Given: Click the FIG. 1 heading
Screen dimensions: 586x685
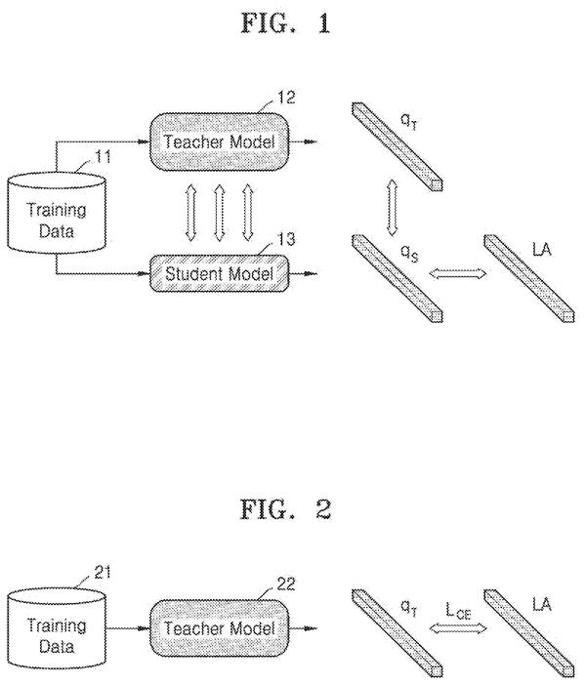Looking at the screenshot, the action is [285, 23].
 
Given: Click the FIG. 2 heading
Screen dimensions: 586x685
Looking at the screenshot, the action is [285, 509].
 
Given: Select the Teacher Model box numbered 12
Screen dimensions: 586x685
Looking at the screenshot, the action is [220, 141].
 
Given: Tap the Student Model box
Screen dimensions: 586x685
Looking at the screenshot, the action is [220, 273].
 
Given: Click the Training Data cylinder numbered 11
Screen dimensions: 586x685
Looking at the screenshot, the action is [57, 213].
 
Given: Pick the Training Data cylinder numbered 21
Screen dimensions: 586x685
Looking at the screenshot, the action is [57, 629].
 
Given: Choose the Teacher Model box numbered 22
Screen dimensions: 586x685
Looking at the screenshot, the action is [220, 628].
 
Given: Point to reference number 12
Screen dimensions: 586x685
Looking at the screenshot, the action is [286, 98].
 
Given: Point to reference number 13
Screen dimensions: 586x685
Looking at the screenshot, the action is [286, 239].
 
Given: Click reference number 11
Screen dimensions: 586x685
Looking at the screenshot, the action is [103, 157].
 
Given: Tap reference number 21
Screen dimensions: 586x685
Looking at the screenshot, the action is [103, 573].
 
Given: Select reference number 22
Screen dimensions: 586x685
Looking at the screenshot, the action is [286, 584].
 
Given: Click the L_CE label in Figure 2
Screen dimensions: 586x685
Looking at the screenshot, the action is [458, 611].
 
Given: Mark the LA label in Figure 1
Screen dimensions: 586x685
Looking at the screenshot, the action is [542, 250].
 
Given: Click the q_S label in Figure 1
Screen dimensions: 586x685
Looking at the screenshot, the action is [410, 254].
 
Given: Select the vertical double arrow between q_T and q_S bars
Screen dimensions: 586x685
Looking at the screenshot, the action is [392, 209].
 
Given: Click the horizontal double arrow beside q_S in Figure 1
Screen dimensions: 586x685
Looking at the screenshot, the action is [458, 274].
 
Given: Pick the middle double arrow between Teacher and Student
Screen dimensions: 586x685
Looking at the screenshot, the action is [220, 213].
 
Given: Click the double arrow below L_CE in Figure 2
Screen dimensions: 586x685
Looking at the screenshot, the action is [458, 628].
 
